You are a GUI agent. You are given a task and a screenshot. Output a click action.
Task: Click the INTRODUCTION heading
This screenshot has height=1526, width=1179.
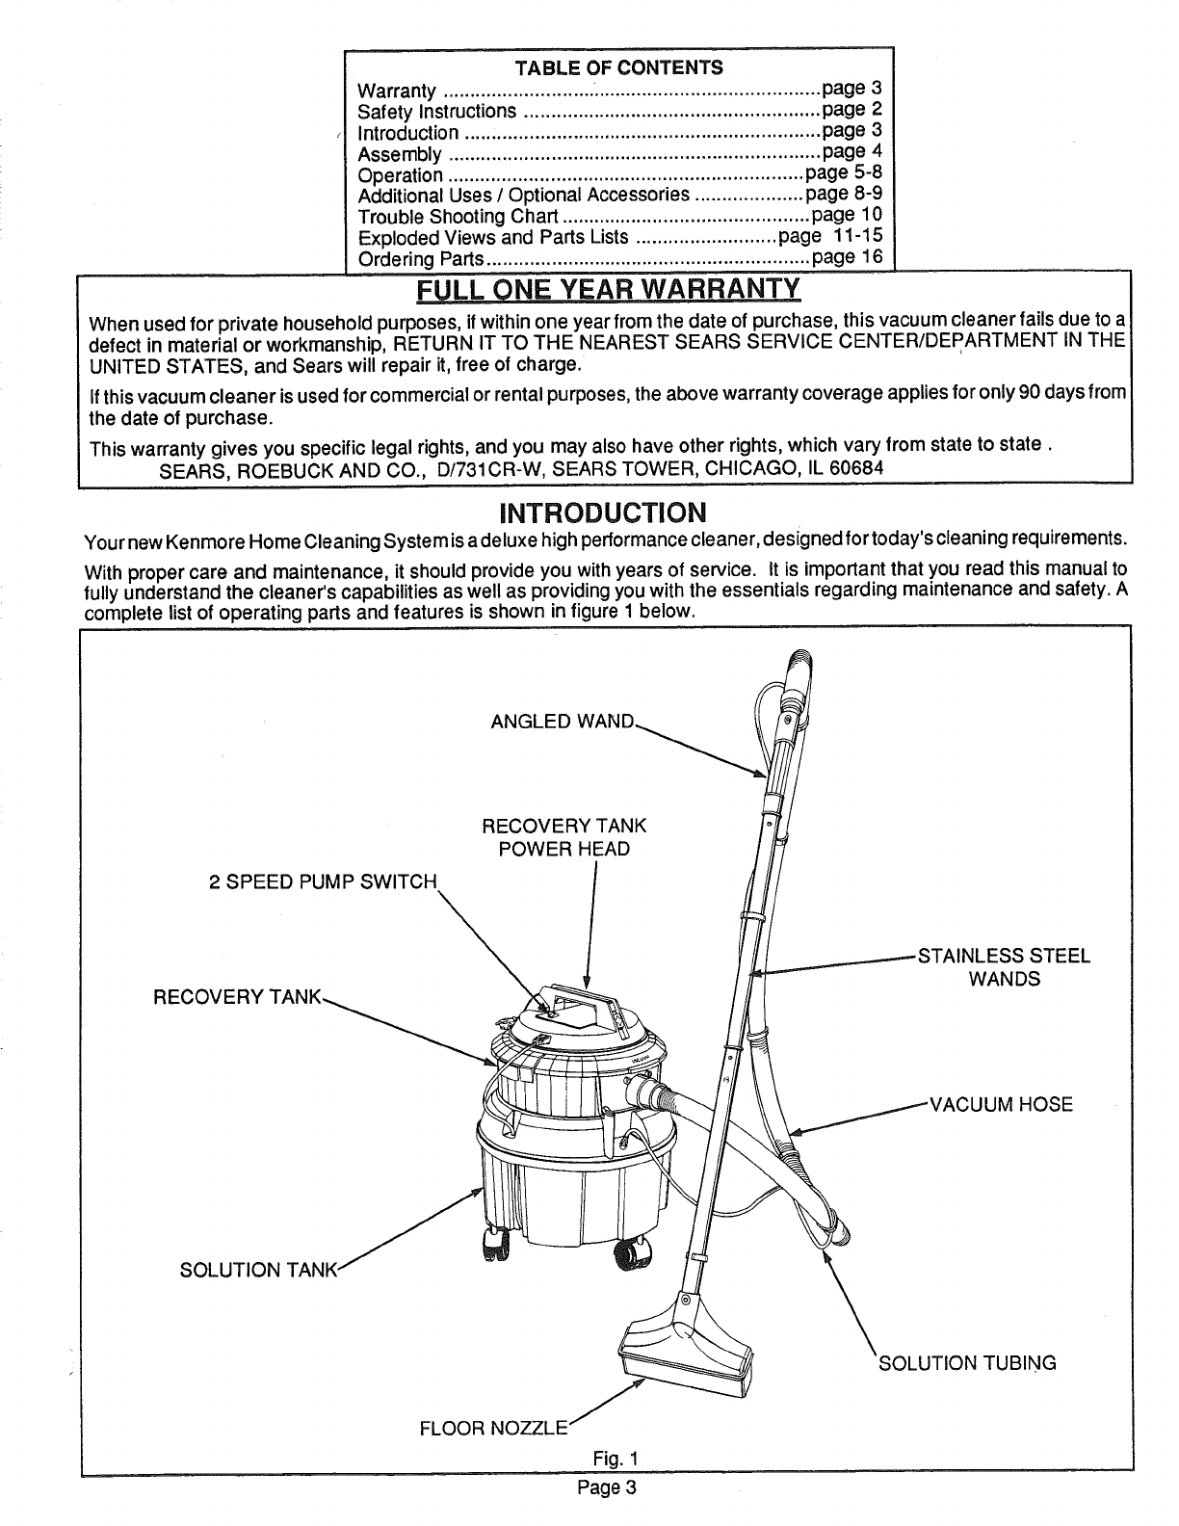click(602, 511)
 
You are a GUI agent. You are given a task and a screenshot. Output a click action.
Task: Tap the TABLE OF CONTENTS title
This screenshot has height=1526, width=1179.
click(619, 67)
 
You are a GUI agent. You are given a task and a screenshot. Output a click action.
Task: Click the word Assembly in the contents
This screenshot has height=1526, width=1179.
click(400, 154)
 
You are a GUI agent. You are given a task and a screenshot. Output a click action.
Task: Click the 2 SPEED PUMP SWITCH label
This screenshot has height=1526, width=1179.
click(324, 882)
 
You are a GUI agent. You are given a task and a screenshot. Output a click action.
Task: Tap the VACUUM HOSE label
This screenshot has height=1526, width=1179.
click(1000, 1104)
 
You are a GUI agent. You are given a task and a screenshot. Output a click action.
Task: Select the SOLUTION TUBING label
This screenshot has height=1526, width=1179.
click(968, 1362)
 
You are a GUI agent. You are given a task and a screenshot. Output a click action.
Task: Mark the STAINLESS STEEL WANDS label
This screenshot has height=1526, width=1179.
click(1004, 967)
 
